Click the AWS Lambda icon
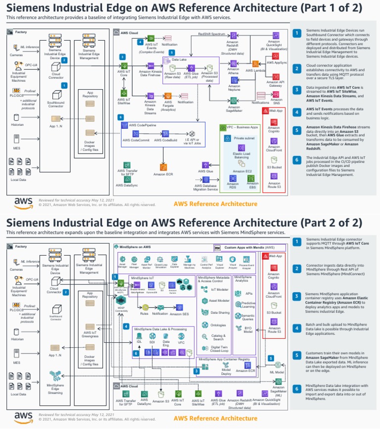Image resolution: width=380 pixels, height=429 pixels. [x=256, y=64]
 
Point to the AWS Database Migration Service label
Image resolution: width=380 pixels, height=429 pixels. [x=205, y=187]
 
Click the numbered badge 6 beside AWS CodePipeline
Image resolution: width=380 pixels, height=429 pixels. [x=120, y=117]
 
